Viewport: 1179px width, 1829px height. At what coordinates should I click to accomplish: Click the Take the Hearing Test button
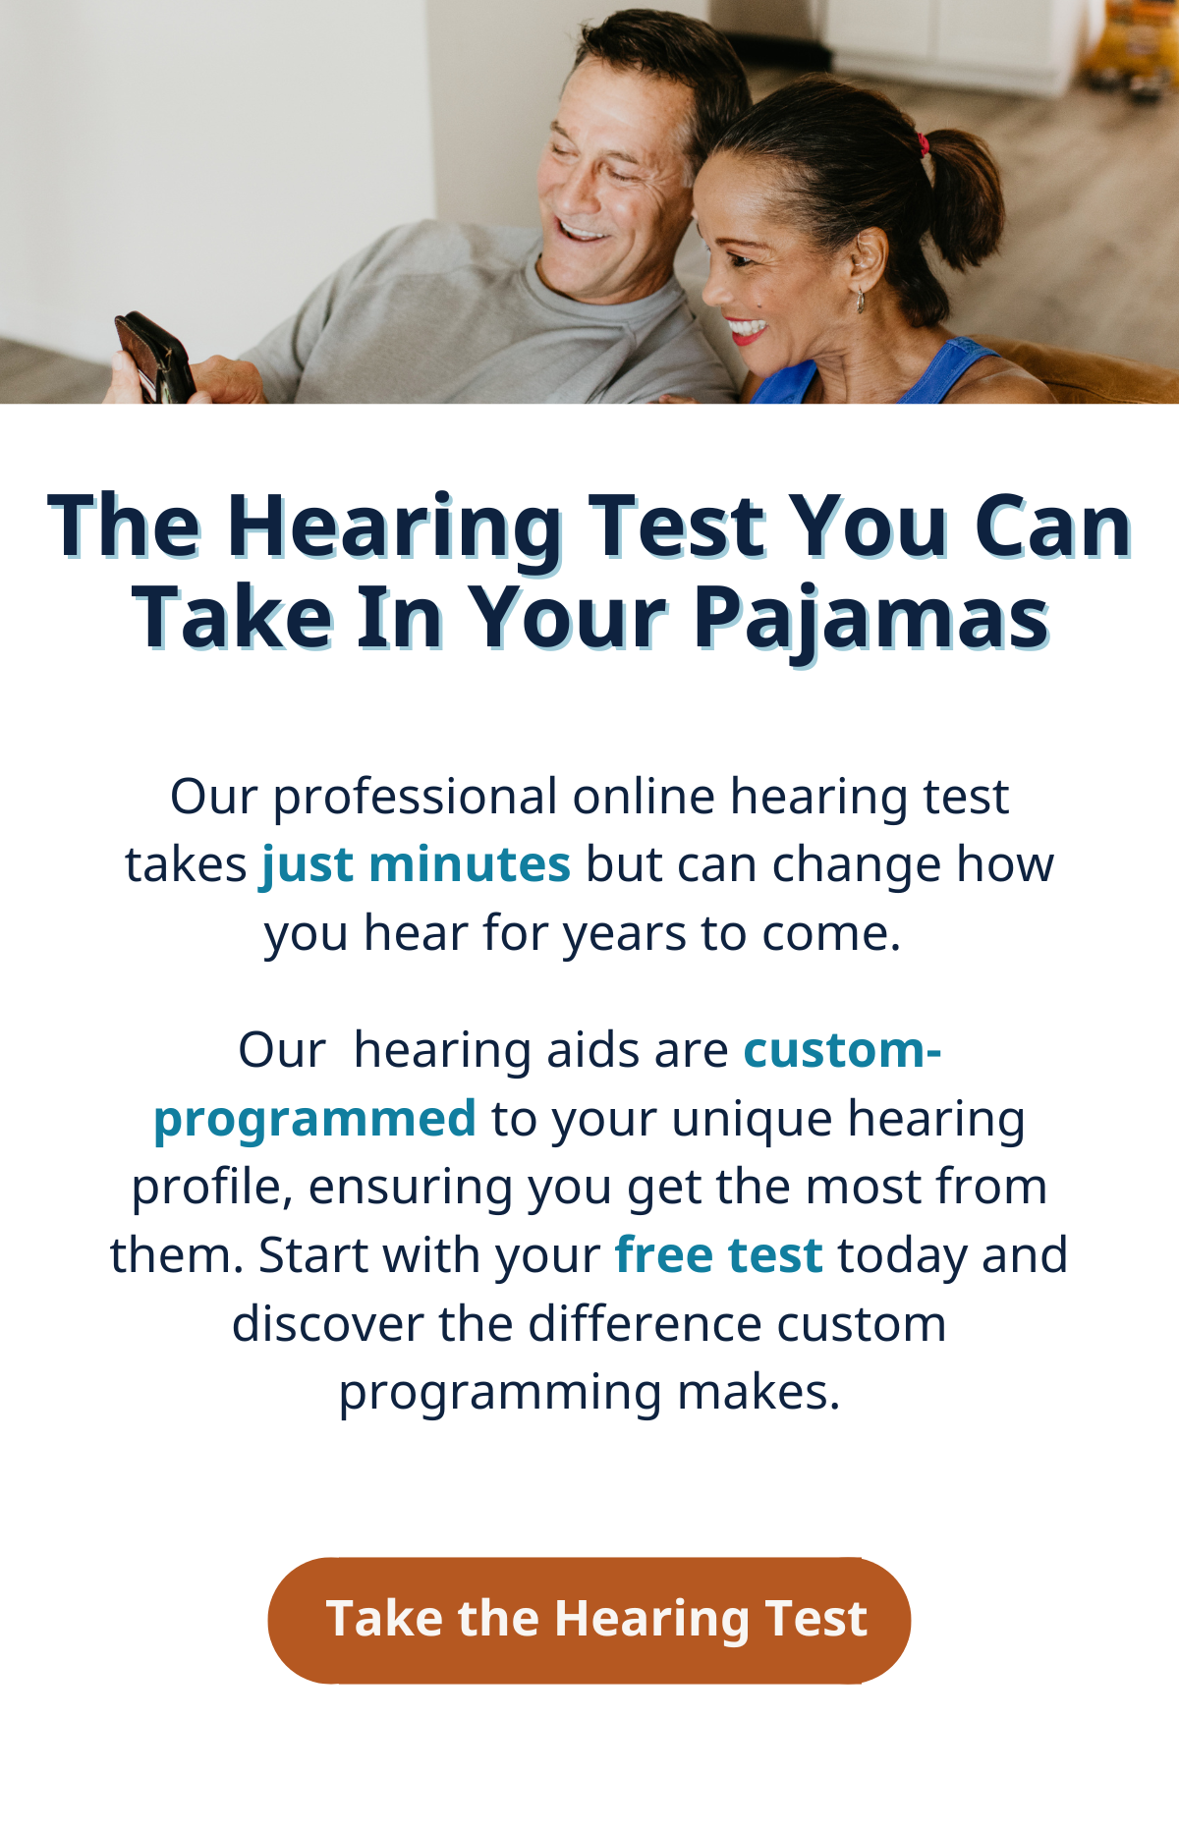coord(589,1620)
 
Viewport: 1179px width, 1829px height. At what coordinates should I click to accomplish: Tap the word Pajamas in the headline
coord(872,620)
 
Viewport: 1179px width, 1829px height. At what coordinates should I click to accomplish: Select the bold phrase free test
coord(718,1255)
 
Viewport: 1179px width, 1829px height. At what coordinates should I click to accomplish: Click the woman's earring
coord(861,301)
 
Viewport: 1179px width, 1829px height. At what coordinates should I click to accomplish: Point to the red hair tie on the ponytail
coord(923,146)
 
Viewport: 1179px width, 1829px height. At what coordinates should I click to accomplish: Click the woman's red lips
coord(748,329)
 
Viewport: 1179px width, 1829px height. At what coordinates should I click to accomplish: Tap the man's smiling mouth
coord(582,232)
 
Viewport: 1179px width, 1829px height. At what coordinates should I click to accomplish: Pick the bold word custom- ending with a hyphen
coord(843,1050)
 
